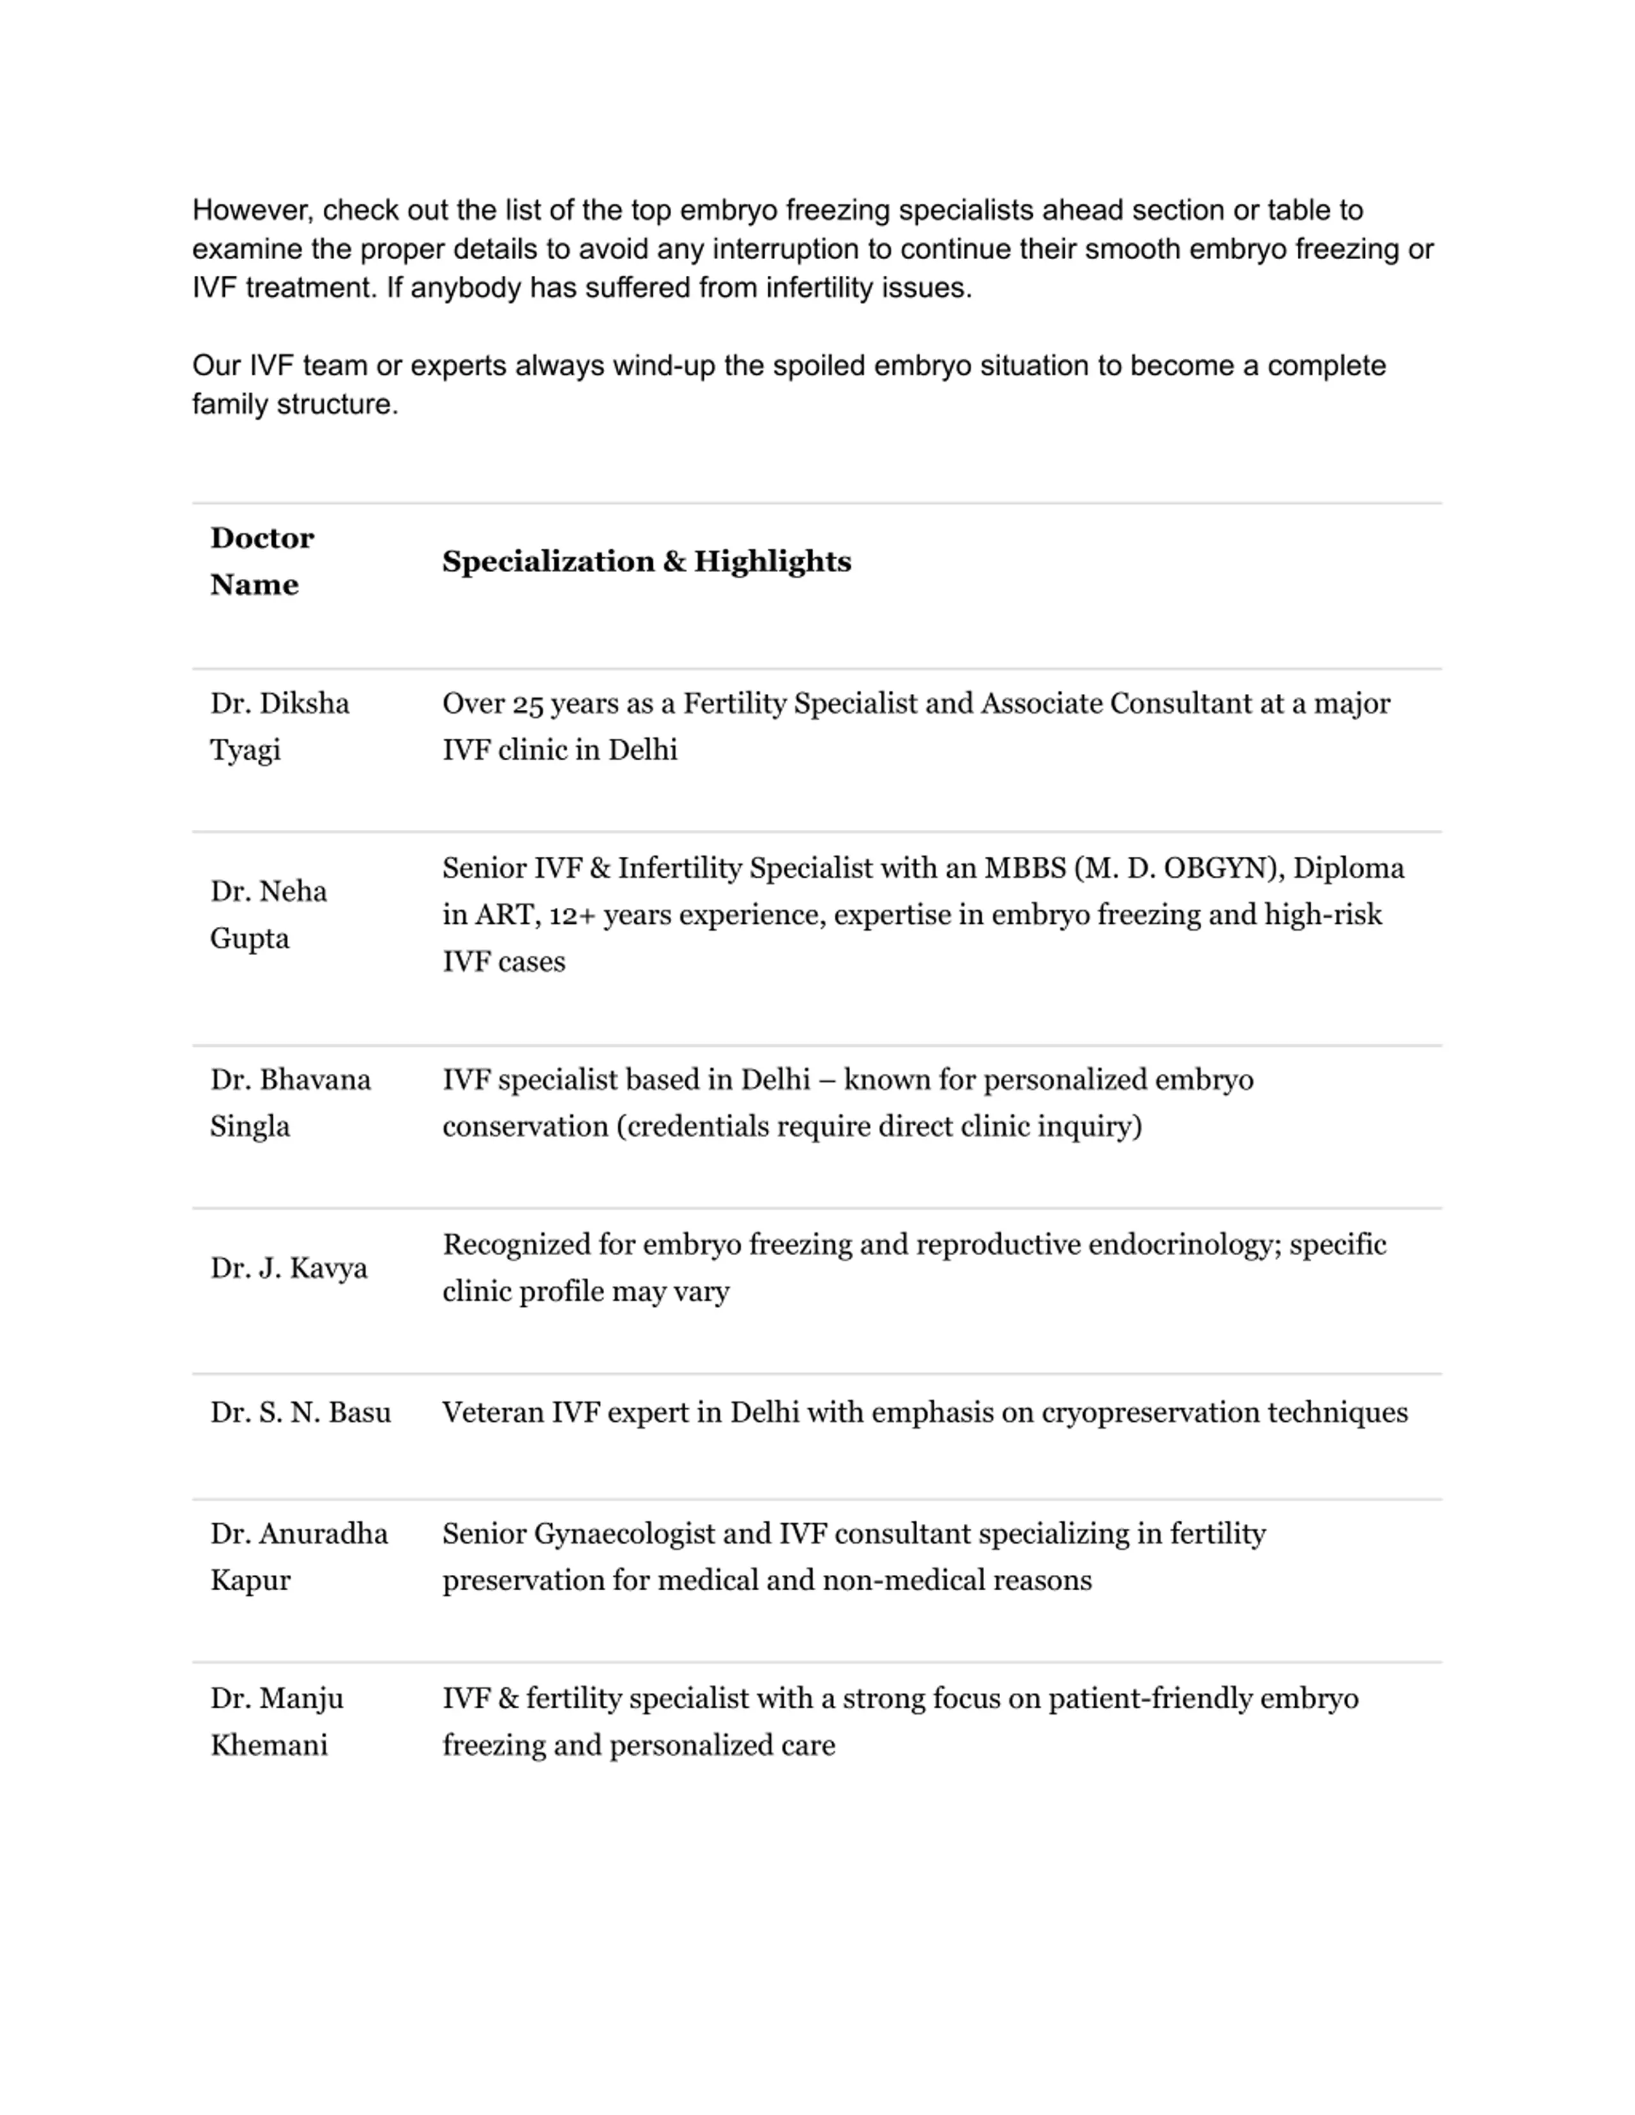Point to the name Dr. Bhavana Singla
coord(289,1102)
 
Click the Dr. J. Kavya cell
coord(289,1268)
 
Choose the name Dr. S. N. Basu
coord(300,1412)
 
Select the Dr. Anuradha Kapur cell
coord(298,1556)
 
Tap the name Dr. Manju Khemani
coord(276,1721)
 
